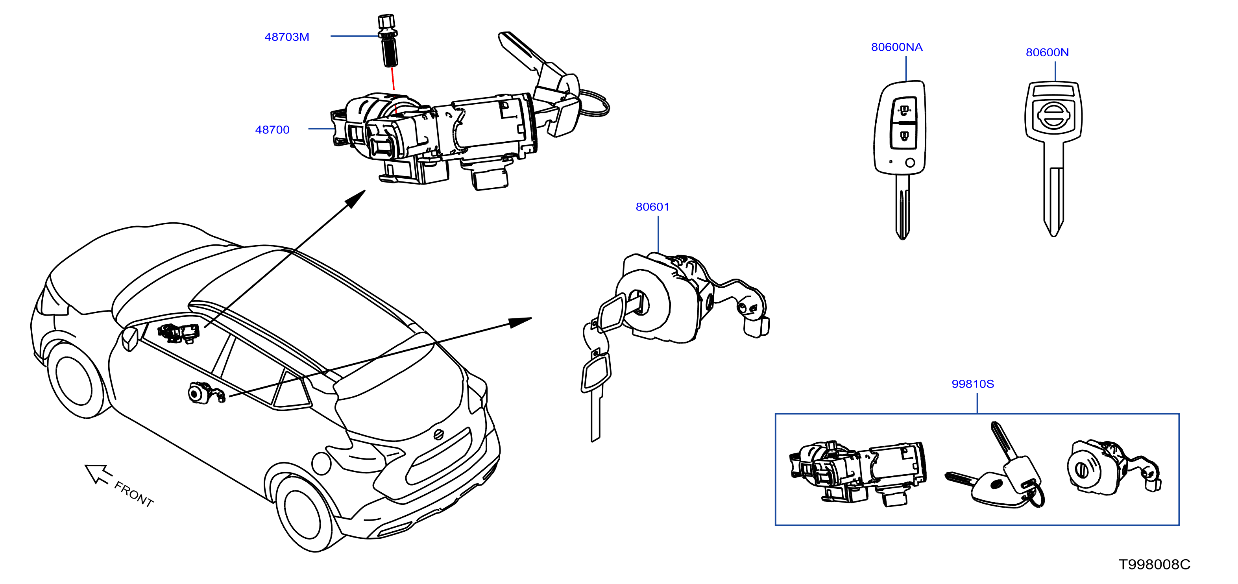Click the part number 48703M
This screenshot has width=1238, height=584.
point(287,37)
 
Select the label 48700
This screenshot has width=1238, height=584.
point(272,130)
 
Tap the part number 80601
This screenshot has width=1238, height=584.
point(652,207)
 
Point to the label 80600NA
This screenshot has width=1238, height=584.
point(897,47)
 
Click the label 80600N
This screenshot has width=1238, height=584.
point(1047,52)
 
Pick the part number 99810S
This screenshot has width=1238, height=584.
point(973,384)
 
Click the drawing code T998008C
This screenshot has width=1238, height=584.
point(1154,564)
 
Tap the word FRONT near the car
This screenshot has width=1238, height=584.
point(134,494)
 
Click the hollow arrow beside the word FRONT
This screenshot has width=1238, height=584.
point(98,473)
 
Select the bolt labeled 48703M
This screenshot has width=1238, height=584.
point(388,41)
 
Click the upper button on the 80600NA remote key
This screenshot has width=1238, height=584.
point(904,110)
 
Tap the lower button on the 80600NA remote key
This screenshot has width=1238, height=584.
point(904,136)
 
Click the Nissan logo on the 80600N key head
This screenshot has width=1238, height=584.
point(1053,117)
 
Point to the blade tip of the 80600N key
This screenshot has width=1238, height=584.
point(1053,235)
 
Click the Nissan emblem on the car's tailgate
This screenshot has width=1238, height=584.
point(438,434)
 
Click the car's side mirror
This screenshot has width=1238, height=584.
point(130,338)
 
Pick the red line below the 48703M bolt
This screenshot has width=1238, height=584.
point(393,78)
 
